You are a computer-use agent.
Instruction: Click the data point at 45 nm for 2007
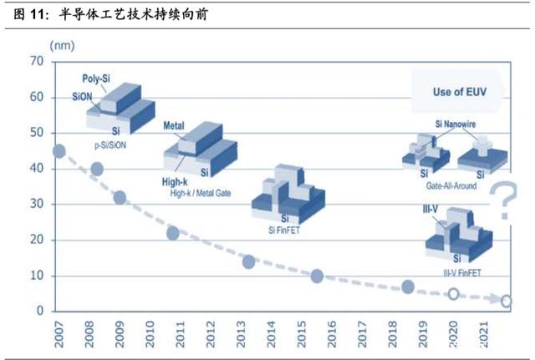tap(59, 151)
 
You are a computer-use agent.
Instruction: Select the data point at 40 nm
tap(97, 169)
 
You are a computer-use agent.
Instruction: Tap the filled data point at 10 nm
tap(317, 276)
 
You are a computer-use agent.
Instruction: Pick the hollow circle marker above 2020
tap(453, 293)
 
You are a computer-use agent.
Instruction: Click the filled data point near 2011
tap(173, 234)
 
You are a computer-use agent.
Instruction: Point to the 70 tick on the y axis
tap(37, 61)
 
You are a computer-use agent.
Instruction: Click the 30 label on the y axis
tap(37, 204)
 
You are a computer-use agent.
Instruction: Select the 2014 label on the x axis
tap(271, 334)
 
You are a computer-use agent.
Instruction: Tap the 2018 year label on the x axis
tap(392, 334)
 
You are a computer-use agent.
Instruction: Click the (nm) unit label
tap(62, 46)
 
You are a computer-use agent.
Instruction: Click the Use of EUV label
tap(460, 92)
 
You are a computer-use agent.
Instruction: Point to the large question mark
tap(503, 200)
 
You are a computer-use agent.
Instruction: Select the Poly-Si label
tap(96, 79)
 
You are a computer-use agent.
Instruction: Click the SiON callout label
tap(82, 97)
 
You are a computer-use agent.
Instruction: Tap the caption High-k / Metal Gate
tap(201, 193)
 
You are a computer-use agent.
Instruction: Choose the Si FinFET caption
tap(284, 231)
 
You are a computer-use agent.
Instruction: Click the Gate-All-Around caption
tap(451, 185)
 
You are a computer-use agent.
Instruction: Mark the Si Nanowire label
tap(455, 124)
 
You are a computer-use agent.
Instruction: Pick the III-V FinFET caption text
tap(462, 273)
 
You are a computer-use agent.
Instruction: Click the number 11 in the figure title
tap(38, 14)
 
